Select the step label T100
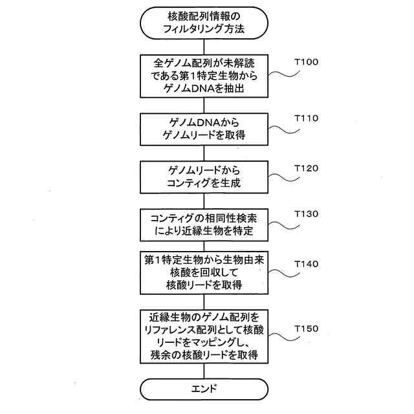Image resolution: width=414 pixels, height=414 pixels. tap(306, 63)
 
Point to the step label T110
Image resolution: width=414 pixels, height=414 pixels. tap(306, 119)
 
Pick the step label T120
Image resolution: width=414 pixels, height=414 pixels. tap(306, 168)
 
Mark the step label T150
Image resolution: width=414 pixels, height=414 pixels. tap(306, 329)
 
